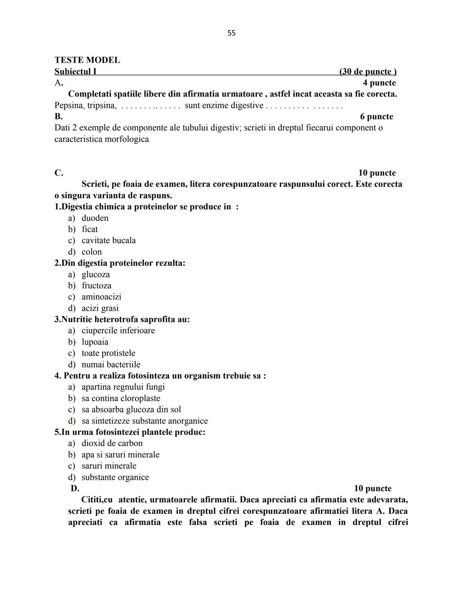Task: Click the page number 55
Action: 231,33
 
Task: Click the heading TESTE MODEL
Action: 87,60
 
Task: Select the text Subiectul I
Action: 75,72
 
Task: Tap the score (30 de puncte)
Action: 367,72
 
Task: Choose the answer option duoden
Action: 95,218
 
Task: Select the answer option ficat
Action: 90,229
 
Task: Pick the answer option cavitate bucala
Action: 108,241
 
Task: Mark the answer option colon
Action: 92,252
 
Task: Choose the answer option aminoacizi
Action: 101,297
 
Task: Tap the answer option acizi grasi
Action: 100,308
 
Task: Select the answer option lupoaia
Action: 95,342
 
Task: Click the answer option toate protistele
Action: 108,353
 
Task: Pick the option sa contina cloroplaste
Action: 120,398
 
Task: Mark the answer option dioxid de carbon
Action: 112,443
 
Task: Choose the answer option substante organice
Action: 115,477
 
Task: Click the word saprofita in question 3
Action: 148,319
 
